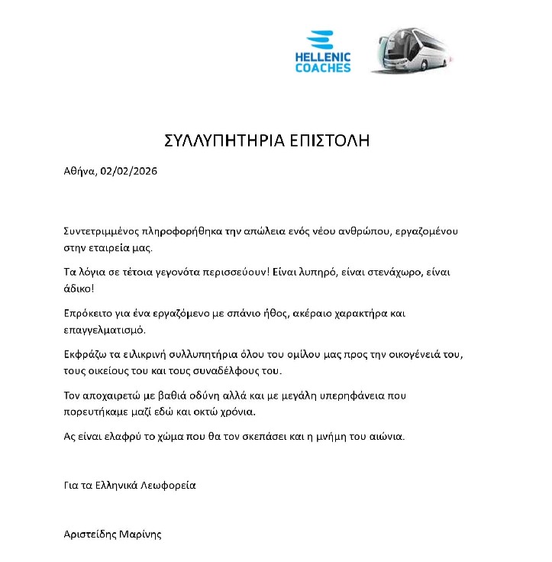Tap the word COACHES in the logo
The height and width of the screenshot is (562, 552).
point(322,68)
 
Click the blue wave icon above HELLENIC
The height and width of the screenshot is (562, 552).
point(319,40)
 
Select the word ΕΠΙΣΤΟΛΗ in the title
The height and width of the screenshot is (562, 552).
point(331,140)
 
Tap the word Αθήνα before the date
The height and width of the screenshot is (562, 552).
point(79,171)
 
